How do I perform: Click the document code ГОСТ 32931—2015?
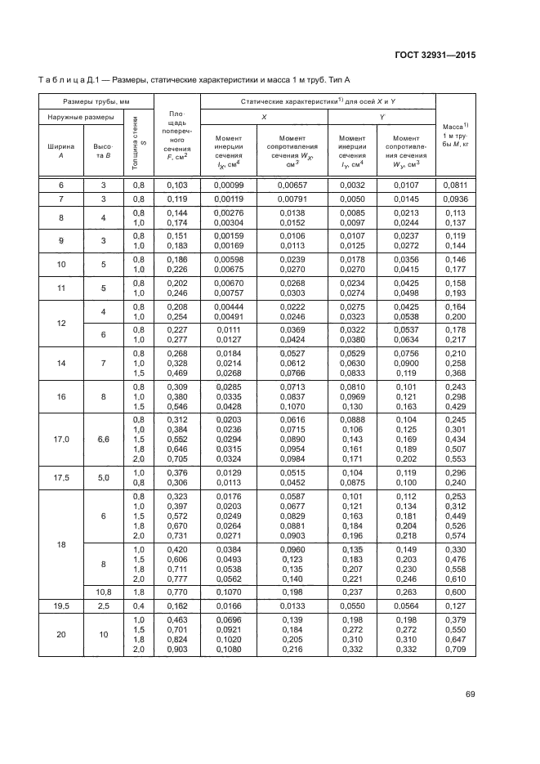point(434,55)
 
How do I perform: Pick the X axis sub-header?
point(264,117)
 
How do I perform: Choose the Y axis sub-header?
point(382,117)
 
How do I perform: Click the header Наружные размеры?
point(80,117)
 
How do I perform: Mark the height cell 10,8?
point(104,592)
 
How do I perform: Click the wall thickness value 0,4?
point(138,606)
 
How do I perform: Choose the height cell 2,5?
point(104,606)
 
